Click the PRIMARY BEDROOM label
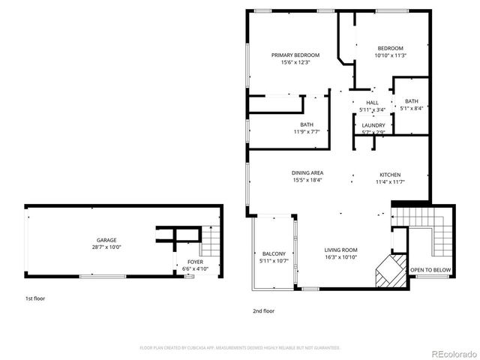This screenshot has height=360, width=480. pyautogui.click(x=295, y=55)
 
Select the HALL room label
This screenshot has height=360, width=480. pyautogui.click(x=372, y=103)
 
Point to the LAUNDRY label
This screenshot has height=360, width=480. pyautogui.click(x=373, y=125)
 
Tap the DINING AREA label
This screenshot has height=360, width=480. pyautogui.click(x=307, y=173)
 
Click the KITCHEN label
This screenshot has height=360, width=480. pyautogui.click(x=390, y=174)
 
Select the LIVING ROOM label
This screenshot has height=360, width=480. pyautogui.click(x=340, y=250)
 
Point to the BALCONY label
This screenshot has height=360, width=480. pyautogui.click(x=272, y=253)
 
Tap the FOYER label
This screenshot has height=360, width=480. pyautogui.click(x=195, y=262)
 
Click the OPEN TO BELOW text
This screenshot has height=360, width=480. pyautogui.click(x=430, y=269)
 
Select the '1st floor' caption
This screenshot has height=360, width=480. pyautogui.click(x=35, y=298)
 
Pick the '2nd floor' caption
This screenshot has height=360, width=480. pyautogui.click(x=263, y=310)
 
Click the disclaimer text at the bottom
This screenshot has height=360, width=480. pyautogui.click(x=240, y=347)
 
